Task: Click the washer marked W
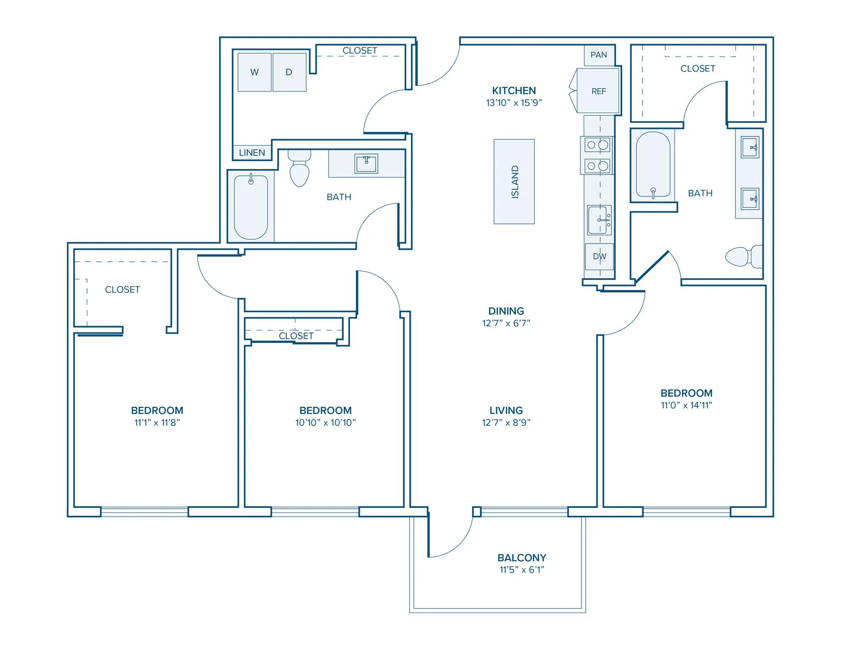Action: tap(254, 72)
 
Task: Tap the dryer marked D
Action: tap(289, 72)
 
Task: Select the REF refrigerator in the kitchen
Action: tap(598, 91)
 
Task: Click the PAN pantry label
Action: tap(599, 55)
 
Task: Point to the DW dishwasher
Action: tap(600, 256)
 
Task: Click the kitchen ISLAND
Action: tap(514, 181)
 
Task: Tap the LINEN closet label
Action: tap(252, 153)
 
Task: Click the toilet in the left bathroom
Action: tap(299, 168)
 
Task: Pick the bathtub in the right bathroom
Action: tap(653, 165)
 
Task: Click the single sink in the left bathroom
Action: tap(366, 163)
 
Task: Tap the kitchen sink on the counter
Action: tap(600, 220)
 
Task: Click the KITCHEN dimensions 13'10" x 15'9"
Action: tap(514, 103)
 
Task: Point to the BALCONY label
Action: tap(522, 558)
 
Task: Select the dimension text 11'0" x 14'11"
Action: tap(686, 405)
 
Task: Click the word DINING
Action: tap(506, 311)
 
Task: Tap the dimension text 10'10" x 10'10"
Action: tap(325, 422)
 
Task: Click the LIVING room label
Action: tap(506, 410)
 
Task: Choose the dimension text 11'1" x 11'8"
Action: tap(157, 422)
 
